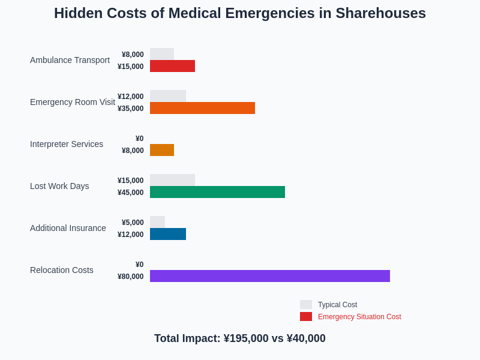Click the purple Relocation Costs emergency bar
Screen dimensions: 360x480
[x=270, y=276]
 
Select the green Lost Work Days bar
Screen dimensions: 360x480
[x=217, y=192]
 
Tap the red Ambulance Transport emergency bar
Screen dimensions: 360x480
[x=172, y=66]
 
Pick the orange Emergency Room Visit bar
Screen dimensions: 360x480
[x=202, y=108]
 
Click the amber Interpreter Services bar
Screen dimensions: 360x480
[x=162, y=150]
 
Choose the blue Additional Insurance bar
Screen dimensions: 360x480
[x=168, y=234]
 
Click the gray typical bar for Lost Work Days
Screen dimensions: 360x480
[x=172, y=180]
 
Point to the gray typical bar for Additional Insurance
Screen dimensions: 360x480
[x=157, y=222]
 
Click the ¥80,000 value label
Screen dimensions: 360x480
[x=131, y=277]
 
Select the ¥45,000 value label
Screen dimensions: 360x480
[x=131, y=193]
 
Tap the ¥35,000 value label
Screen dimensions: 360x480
[x=131, y=109]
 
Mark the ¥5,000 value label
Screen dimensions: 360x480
[x=133, y=223]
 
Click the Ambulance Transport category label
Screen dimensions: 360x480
[x=70, y=60]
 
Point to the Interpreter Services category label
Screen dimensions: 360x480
[x=67, y=144]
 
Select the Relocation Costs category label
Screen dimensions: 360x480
[x=62, y=270]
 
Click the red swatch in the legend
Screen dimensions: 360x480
[x=306, y=316]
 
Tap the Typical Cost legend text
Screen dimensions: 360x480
[x=337, y=305]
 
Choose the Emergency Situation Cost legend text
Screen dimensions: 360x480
[x=359, y=317]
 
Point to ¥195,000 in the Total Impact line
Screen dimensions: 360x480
[x=246, y=338]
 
